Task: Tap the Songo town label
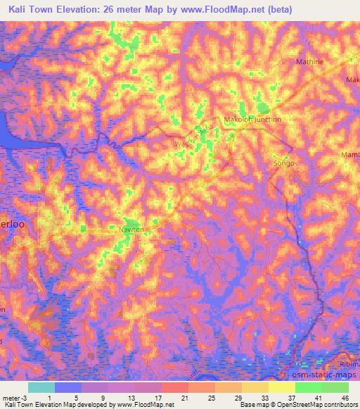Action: point(283,163)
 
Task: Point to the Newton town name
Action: point(130,230)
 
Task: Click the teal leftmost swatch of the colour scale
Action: point(41,387)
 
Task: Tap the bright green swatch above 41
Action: point(308,387)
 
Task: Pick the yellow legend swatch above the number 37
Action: point(281,387)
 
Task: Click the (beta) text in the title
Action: point(276,9)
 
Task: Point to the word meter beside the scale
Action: point(10,398)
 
